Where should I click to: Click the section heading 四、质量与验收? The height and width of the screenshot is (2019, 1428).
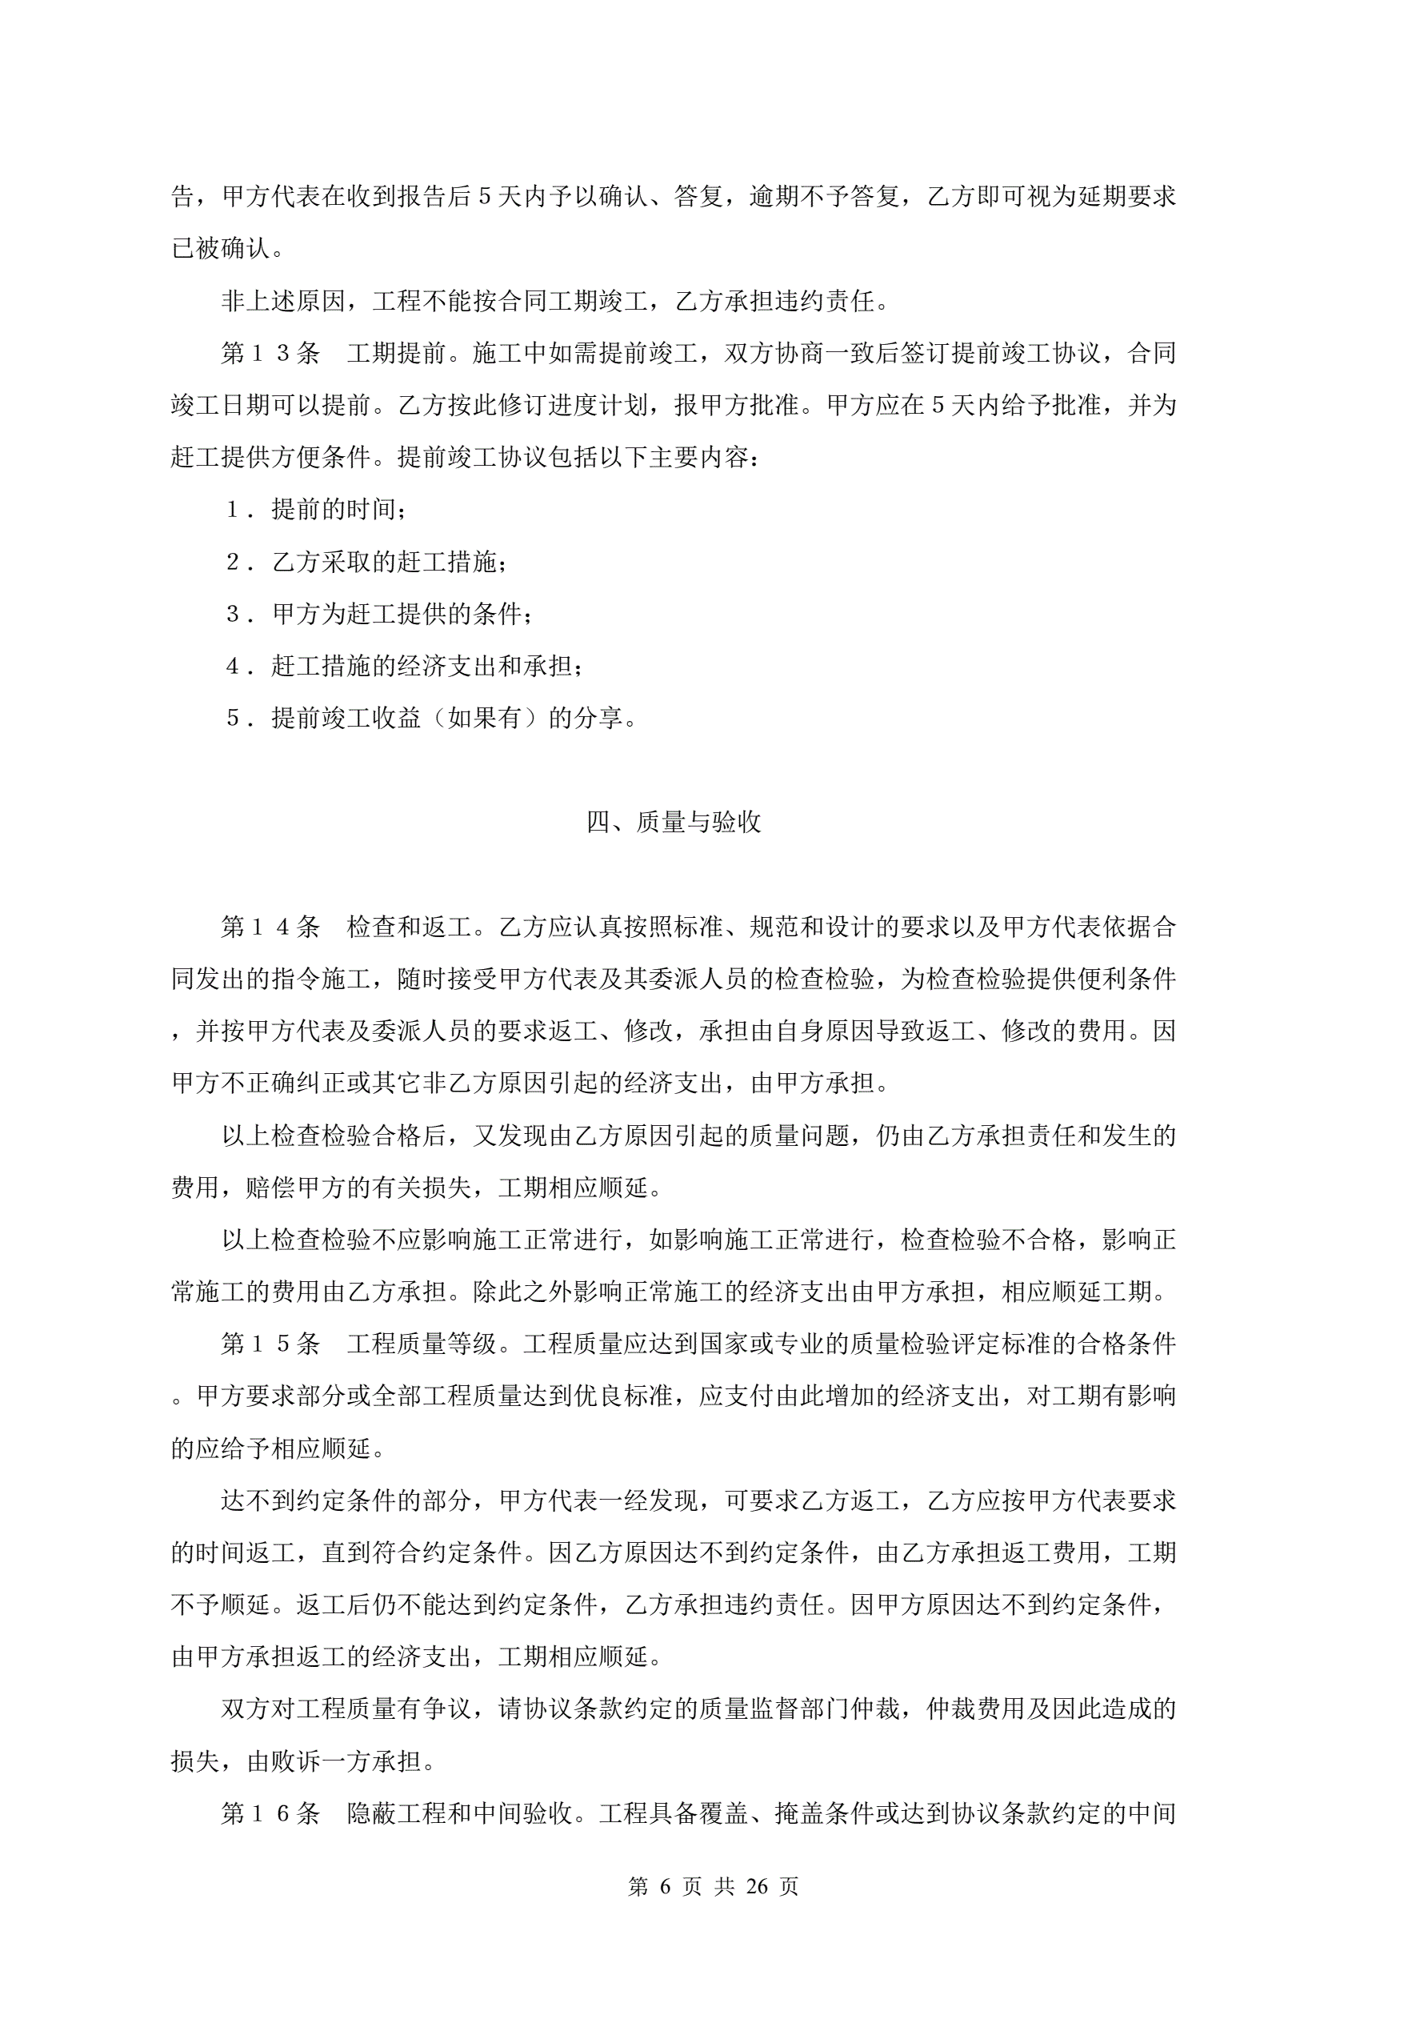pyautogui.click(x=674, y=822)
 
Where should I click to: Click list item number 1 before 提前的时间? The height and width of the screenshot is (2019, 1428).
pyautogui.click(x=234, y=510)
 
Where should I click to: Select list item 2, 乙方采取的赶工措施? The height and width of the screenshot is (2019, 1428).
pyautogui.click(x=387, y=562)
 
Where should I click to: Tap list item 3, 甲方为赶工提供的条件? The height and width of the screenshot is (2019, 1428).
pyautogui.click(x=400, y=614)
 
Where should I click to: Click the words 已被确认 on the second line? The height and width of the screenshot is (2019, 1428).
pyautogui.click(x=221, y=249)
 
